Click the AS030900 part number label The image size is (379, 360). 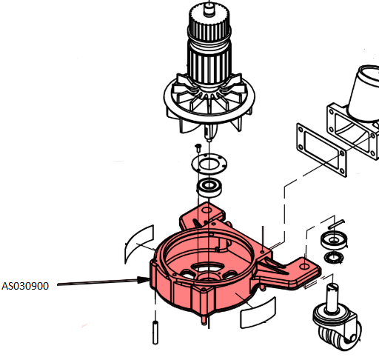[x=25, y=286]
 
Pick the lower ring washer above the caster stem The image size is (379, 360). [x=334, y=257]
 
